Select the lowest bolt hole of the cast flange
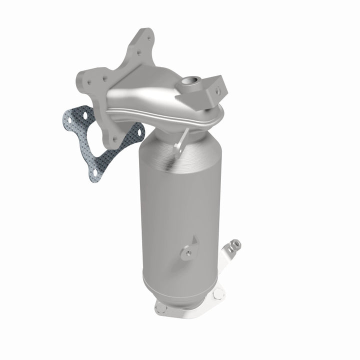coord(116,139)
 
